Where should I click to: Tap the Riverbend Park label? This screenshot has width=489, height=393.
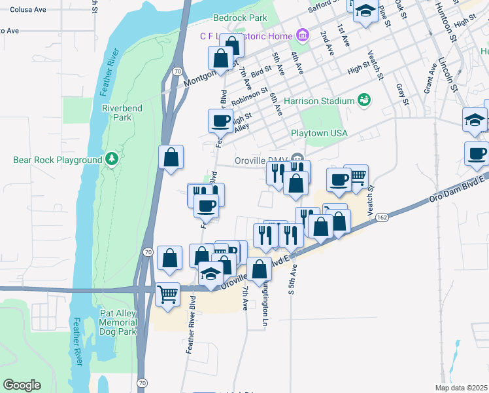(117, 113)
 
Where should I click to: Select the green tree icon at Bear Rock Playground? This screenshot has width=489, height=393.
(112, 158)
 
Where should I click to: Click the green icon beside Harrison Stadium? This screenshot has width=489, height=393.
(364, 100)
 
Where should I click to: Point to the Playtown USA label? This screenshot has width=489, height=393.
(319, 133)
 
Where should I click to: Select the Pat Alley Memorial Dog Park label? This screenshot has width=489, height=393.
(118, 322)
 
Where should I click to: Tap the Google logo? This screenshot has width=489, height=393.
(22, 384)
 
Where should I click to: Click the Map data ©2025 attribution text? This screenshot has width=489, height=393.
(461, 388)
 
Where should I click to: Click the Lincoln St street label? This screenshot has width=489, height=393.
(448, 73)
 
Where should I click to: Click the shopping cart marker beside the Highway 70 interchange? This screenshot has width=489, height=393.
(168, 294)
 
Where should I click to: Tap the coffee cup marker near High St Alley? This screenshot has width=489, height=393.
(220, 120)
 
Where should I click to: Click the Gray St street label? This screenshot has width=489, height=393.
(401, 94)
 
